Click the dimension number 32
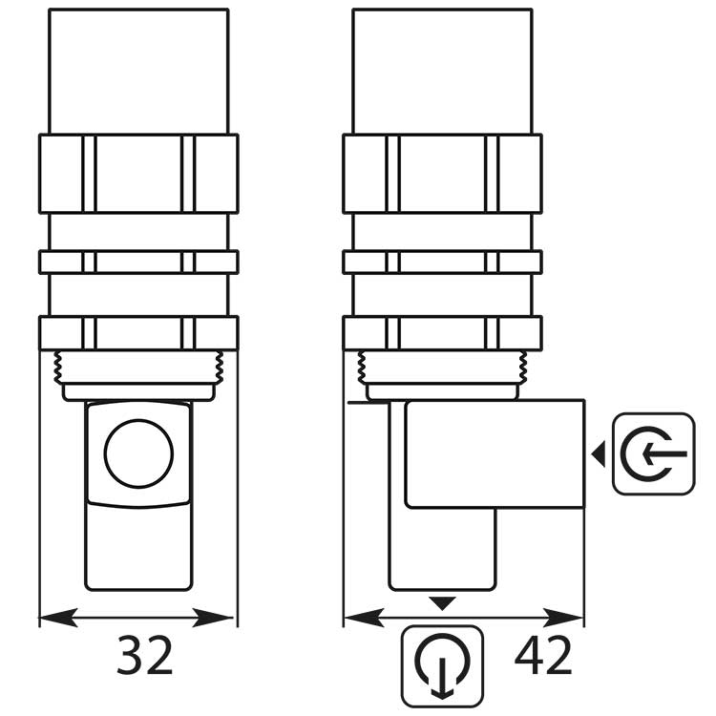point(145,657)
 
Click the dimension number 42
point(543,657)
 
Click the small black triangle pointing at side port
point(599,455)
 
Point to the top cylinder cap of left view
point(138,72)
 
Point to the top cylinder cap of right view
point(442,72)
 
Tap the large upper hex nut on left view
point(138,173)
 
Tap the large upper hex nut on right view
point(442,173)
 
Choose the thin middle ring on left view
point(138,262)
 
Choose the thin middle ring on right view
point(442,262)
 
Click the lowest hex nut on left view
point(138,332)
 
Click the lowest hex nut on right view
point(442,332)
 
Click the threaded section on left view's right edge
point(220,364)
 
